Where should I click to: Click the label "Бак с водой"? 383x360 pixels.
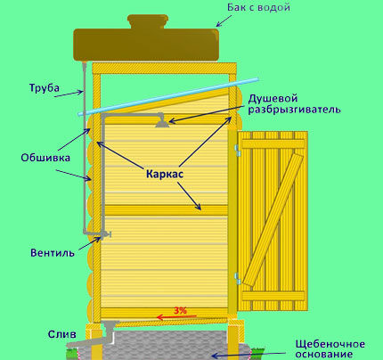pos(258,7)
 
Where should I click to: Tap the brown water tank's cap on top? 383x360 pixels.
pos(147,21)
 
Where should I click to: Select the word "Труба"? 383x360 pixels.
pos(45,88)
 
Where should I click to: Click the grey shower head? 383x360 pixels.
pos(162,121)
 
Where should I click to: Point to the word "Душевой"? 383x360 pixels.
pos(273,98)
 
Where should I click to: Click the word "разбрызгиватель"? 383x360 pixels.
pos(294,110)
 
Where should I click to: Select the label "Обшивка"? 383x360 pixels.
pos(45,158)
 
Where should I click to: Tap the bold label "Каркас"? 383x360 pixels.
pos(165,174)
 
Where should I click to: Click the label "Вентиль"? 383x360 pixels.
pos(53,253)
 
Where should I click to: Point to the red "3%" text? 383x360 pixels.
pos(180,311)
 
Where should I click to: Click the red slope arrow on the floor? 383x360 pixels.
pos(176,317)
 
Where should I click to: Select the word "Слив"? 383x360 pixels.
pos(62,334)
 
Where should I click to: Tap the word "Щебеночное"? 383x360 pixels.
pos(330,344)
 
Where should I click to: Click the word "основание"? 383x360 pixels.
pos(324,354)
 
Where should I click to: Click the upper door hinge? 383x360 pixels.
pos(237,151)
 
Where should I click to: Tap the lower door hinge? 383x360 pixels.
pos(237,278)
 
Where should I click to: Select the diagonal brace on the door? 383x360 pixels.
pos(273,220)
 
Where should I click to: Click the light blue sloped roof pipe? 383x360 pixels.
pos(168,96)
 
